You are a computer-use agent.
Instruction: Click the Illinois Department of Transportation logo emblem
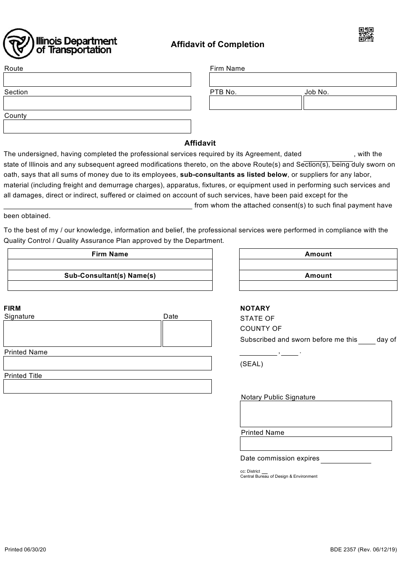18,44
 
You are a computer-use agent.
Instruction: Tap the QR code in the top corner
366,35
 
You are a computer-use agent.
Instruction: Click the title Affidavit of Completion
217,45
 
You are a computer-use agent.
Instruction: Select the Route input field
97,80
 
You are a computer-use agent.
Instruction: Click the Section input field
97,103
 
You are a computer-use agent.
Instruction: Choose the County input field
97,126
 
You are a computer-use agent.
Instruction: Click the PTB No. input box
256,103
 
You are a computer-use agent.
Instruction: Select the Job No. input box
350,103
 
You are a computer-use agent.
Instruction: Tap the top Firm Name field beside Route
303,80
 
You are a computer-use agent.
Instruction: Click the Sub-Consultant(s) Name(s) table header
110,276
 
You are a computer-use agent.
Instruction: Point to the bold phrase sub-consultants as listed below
234,175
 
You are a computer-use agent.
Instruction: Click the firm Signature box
83,333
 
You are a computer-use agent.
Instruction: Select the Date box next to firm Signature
187,333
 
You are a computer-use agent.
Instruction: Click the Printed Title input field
107,386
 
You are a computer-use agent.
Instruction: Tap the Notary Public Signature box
316,414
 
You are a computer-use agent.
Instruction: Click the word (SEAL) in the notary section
251,364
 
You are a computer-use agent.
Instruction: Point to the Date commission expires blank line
346,459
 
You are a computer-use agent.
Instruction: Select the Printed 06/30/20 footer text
25,550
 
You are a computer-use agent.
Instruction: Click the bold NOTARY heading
255,309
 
